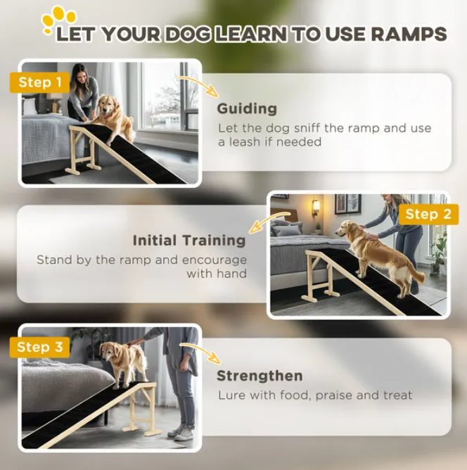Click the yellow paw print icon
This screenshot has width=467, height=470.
tap(58, 20)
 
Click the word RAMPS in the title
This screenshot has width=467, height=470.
tap(409, 34)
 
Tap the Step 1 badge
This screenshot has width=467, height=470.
tap(40, 82)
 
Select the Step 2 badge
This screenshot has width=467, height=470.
tap(428, 215)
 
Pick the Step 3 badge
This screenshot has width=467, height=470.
tap(40, 347)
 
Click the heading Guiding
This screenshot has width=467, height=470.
tap(247, 108)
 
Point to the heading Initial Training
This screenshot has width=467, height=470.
tap(189, 241)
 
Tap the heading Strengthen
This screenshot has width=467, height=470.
tap(260, 376)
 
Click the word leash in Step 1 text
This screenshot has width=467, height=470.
tap(245, 142)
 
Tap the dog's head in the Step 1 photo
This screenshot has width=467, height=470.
tap(105, 104)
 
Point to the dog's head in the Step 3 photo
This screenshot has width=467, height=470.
tap(108, 352)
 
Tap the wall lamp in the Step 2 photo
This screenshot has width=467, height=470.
tap(316, 208)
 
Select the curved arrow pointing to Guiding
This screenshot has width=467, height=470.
tap(200, 85)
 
